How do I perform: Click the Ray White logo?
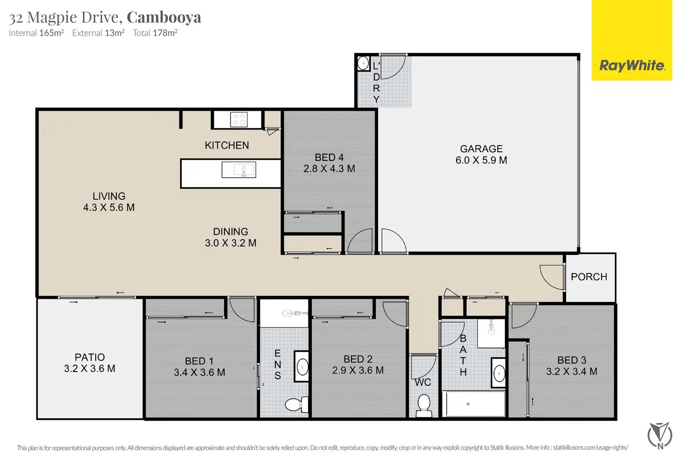point(632,65)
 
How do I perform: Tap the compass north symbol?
point(660,436)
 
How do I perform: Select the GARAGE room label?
point(481,149)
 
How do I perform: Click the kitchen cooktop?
point(239,120)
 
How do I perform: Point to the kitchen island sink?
point(238,169)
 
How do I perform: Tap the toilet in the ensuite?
point(296,404)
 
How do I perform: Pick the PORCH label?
point(589,277)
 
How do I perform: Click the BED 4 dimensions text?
point(329,169)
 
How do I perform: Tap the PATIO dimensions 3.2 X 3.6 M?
point(90,369)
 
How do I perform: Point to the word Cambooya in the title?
point(164,17)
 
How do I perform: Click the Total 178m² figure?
point(155,33)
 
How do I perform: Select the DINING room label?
point(231,232)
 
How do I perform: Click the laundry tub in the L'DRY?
point(363,63)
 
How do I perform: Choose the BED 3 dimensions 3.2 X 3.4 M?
point(572,372)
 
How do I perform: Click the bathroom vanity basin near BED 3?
point(499,374)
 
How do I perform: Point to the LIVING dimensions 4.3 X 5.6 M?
point(109,208)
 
